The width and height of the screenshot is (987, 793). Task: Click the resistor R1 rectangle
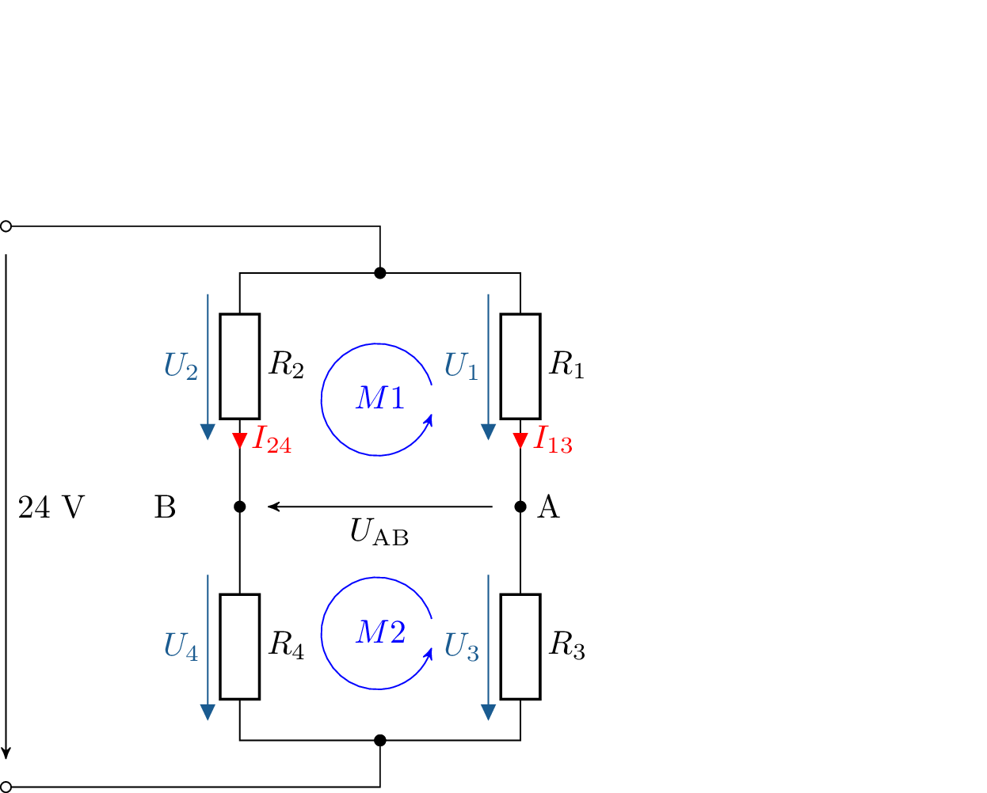520,366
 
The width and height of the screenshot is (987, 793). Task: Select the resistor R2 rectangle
240,366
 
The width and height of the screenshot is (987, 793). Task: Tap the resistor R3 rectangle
520,647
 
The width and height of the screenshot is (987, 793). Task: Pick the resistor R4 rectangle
240,647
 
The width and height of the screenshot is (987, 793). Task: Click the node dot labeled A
520,507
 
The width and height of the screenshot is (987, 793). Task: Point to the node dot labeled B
240,507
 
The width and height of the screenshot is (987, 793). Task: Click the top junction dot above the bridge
380,273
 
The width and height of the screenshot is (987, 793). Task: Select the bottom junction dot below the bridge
380,740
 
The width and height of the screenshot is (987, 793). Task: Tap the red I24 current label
272,439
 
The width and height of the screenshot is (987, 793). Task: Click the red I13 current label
552,439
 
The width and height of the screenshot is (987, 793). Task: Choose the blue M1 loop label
380,397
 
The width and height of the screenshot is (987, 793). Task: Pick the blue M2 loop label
380,632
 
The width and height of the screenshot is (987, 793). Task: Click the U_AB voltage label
379,532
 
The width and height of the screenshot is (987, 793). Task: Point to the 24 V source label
51,507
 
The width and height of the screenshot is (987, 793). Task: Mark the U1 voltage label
461,366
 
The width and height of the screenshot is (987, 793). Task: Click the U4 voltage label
181,647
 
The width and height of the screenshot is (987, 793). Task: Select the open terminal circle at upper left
6,226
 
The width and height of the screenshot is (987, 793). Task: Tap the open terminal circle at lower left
6,787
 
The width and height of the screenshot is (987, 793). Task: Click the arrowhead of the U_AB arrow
273,507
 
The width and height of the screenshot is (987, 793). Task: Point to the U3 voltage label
461,647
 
